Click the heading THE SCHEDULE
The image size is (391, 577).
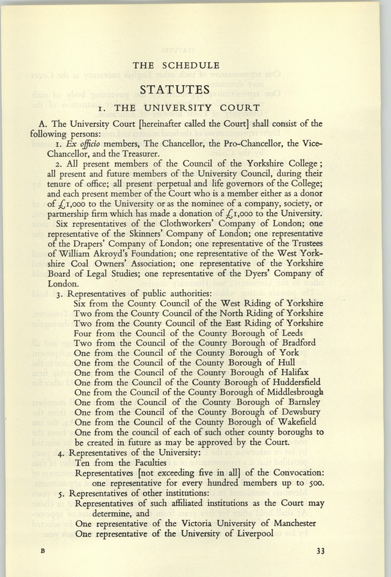pyautogui.click(x=176, y=65)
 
